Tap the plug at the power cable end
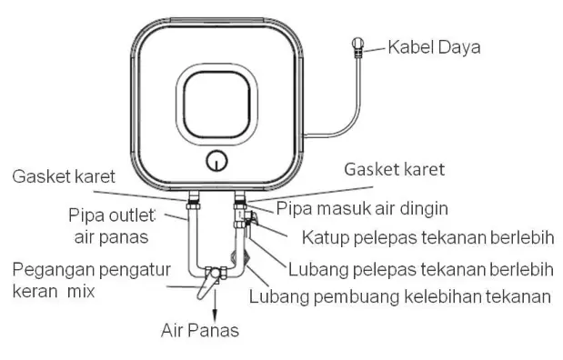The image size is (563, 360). click(359, 45)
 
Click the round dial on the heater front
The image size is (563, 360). click(216, 162)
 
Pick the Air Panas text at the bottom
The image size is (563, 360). click(200, 330)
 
